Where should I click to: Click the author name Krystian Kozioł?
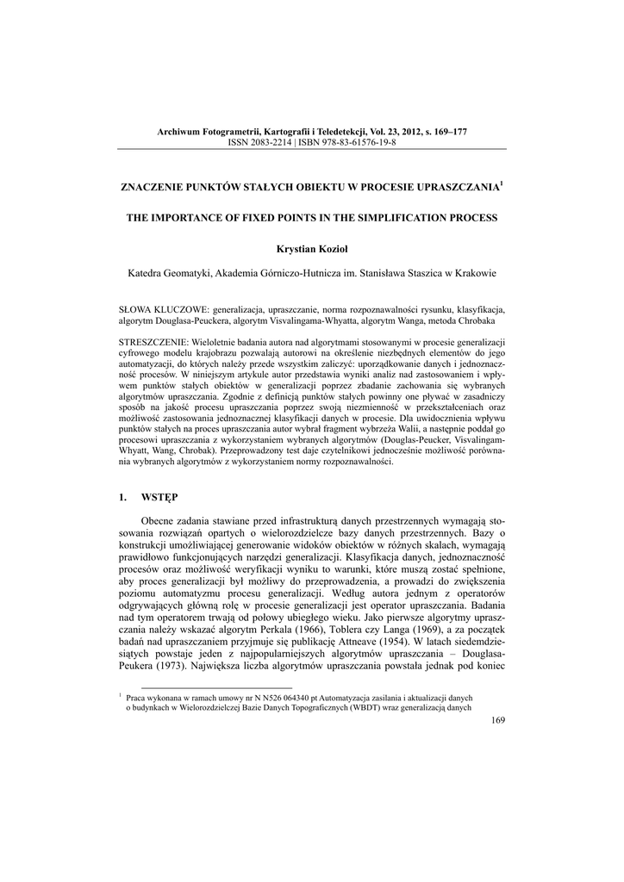(x=312, y=249)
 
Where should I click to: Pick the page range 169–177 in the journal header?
(x=447, y=131)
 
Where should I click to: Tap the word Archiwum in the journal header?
(x=178, y=131)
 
